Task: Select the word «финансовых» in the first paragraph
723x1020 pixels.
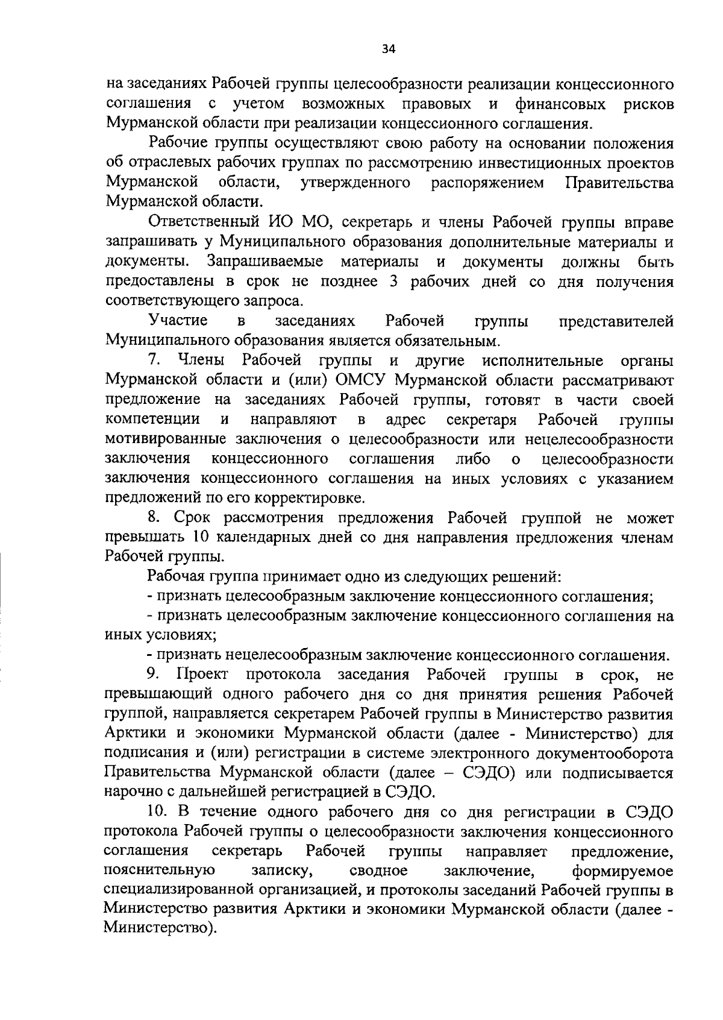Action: (x=560, y=104)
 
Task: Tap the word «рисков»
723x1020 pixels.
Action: (x=648, y=104)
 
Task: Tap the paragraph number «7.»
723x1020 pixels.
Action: (x=154, y=361)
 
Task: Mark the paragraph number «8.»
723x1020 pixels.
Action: (x=154, y=518)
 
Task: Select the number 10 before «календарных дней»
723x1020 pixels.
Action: (x=200, y=538)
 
